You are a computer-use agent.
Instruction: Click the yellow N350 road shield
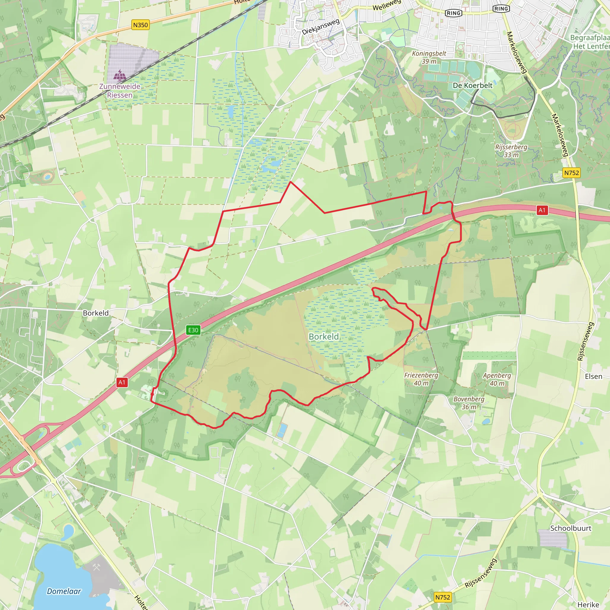point(140,25)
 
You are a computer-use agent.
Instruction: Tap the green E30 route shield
point(193,330)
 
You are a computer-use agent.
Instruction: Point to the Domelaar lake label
point(64,591)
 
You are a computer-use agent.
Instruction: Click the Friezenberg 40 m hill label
point(421,379)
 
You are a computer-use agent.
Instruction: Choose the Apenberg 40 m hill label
point(497,379)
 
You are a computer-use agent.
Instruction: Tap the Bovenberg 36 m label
point(469,403)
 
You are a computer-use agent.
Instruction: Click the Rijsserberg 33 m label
point(511,151)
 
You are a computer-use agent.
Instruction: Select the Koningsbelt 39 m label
point(429,57)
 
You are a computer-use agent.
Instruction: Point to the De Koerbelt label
point(473,85)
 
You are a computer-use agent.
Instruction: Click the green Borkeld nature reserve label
point(324,337)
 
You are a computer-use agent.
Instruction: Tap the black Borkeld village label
point(96,313)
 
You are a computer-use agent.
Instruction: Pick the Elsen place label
point(594,376)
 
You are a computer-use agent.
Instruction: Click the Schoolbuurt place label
point(570,528)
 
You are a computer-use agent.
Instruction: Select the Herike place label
point(588,605)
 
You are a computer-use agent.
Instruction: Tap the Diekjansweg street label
point(320,27)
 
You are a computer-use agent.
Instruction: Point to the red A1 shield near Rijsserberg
point(542,210)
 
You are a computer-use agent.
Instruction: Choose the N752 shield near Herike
point(443,597)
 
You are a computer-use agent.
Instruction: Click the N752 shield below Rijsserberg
point(572,173)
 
